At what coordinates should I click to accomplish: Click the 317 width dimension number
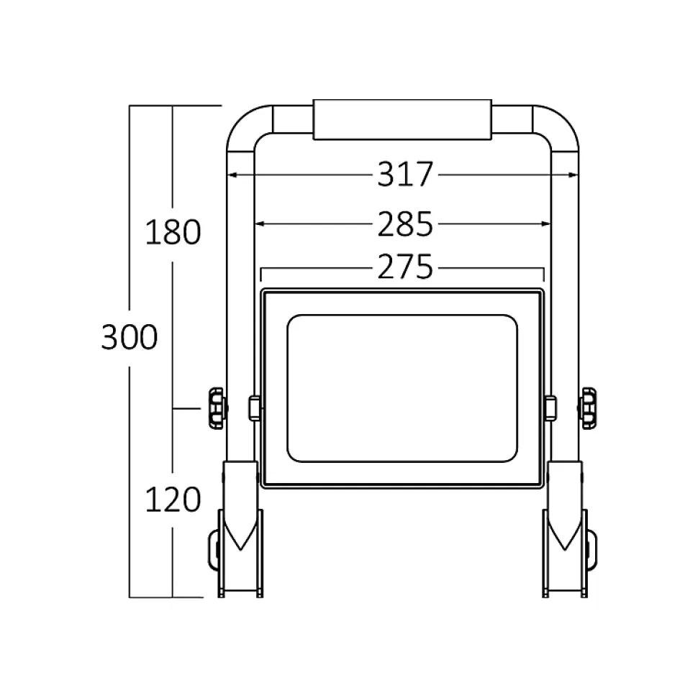pos(405,174)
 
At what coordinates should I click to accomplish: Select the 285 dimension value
pos(405,224)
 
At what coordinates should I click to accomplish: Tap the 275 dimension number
pos(405,267)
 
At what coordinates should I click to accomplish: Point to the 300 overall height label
pos(130,337)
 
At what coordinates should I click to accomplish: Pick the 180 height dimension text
pos(173,232)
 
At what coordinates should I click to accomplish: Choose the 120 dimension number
pos(173,500)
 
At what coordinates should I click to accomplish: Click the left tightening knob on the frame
pos(217,408)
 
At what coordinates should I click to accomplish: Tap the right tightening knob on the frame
pos(587,408)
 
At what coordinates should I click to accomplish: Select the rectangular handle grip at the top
pos(402,119)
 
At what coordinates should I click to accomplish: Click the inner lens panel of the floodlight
pos(402,388)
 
